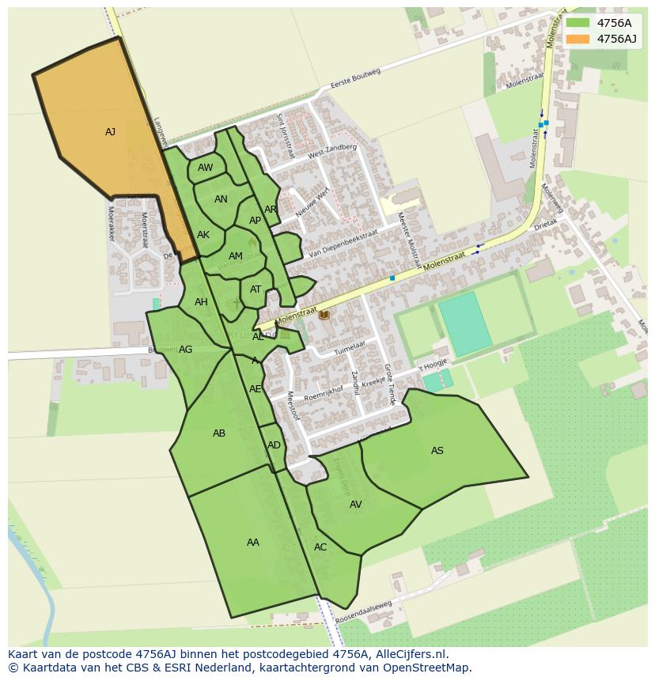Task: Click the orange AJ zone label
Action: coord(110,132)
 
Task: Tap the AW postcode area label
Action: coord(206,168)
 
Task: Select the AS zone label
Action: coord(437,451)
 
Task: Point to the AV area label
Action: coord(355,505)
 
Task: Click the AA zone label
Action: coord(253,543)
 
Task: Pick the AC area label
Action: coord(320,547)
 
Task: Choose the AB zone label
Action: coord(219,433)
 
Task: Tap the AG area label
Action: coord(186,350)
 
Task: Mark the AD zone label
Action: coord(274,445)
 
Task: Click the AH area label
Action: coord(201,302)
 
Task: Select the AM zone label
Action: coord(236,256)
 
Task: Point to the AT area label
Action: coord(256,289)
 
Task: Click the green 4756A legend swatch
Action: coord(578,22)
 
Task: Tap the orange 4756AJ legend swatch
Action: coord(578,39)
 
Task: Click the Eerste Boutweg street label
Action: coord(356,80)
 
